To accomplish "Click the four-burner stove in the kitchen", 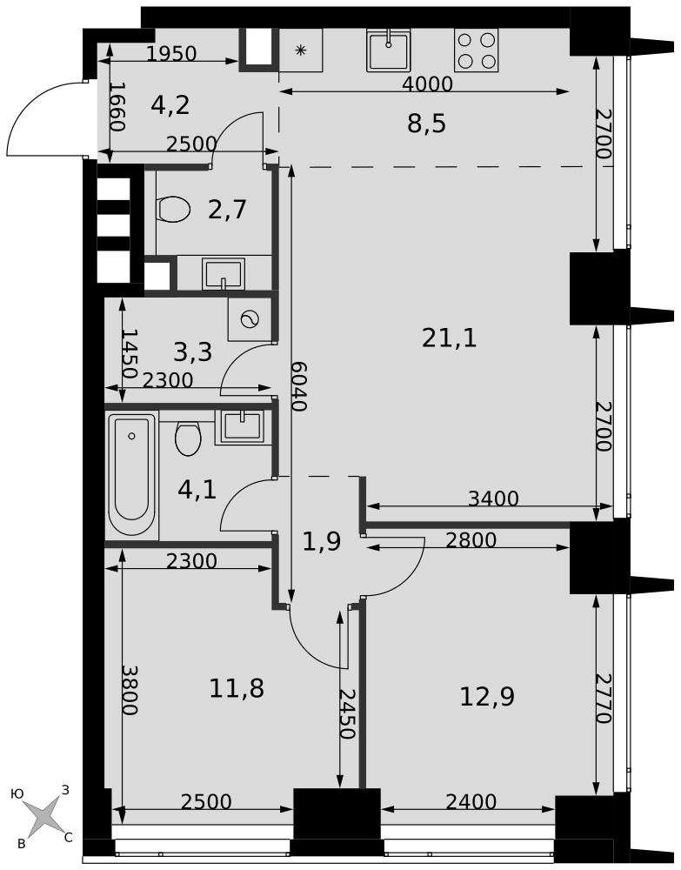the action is (x=476, y=50).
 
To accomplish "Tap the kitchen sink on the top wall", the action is (x=389, y=50).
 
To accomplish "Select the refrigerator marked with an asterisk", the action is (x=301, y=50).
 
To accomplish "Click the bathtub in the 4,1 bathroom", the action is (x=132, y=475).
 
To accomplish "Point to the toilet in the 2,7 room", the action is (x=174, y=209).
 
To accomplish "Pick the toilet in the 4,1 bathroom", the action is (x=188, y=438).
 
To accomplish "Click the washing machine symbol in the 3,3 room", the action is (x=250, y=319).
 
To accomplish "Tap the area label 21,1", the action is (x=449, y=338).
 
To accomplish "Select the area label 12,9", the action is (x=487, y=696).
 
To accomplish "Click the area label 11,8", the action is (x=237, y=688).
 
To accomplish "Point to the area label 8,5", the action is (x=426, y=124).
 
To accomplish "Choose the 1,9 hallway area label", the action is (x=322, y=541).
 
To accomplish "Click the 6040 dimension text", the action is (x=299, y=386).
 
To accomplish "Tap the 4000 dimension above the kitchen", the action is (x=428, y=84).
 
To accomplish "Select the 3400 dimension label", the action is (x=493, y=499).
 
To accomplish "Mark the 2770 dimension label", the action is (x=604, y=699).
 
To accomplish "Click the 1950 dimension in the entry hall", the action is (x=172, y=54).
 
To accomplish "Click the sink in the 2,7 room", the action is (x=224, y=273).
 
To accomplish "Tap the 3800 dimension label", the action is (x=130, y=690).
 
